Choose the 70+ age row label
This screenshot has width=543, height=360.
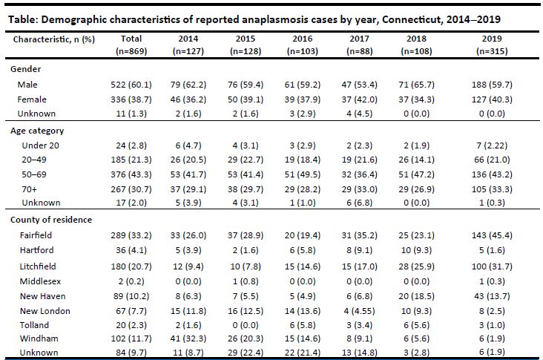(26, 190)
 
